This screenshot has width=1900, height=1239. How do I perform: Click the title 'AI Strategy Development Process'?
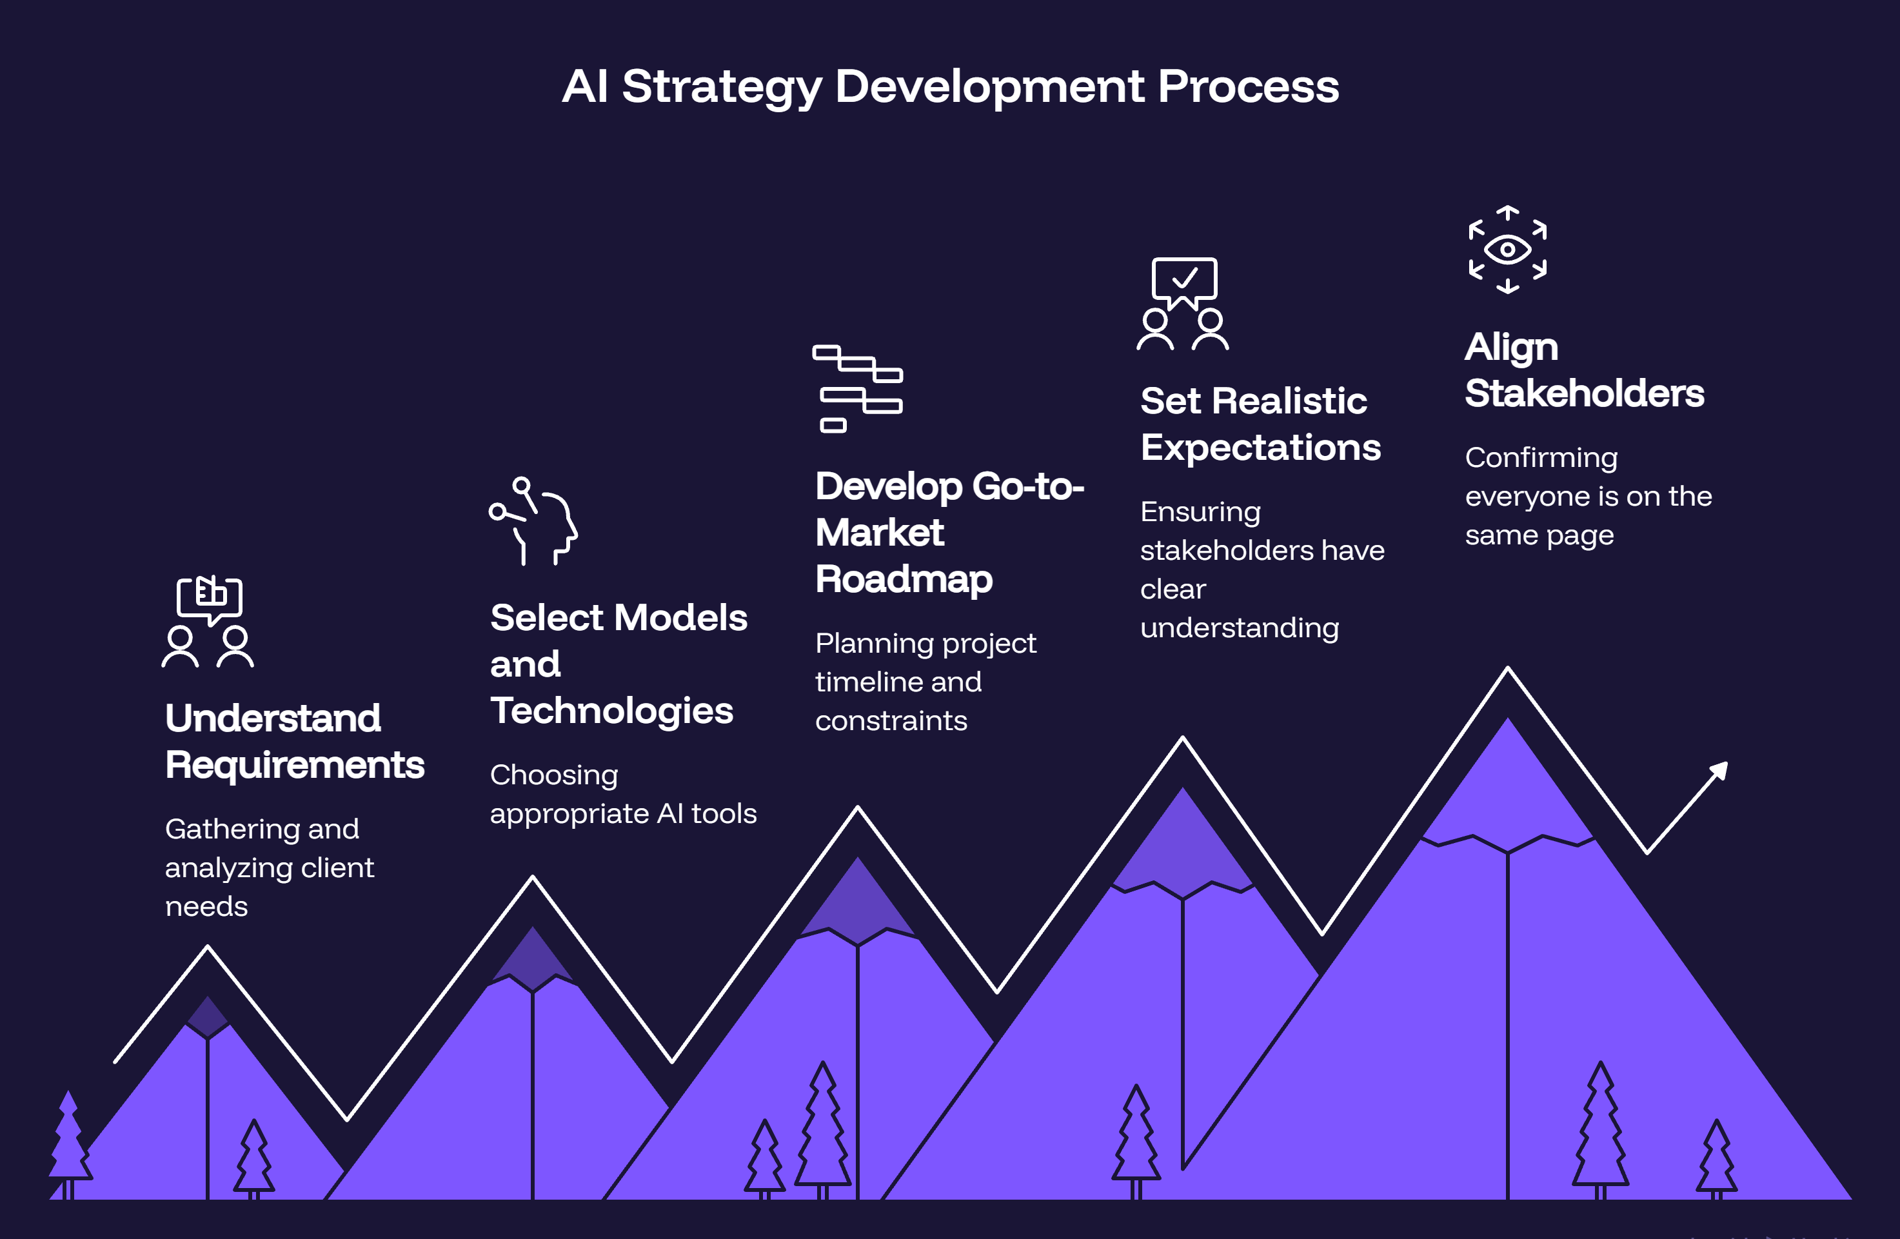(950, 87)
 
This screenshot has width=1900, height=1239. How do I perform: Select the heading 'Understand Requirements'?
(295, 741)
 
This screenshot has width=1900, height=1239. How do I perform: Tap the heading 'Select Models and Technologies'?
(618, 664)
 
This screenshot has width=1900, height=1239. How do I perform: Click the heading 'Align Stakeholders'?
(1584, 370)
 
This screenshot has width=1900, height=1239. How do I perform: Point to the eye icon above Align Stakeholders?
(1507, 250)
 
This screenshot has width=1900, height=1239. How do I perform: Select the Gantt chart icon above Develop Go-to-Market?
(857, 389)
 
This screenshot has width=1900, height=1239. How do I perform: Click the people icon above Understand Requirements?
(208, 621)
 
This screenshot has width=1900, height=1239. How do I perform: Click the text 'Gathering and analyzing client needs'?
(269, 867)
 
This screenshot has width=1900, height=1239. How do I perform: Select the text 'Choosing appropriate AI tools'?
(622, 795)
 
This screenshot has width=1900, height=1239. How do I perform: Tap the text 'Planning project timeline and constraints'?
(925, 682)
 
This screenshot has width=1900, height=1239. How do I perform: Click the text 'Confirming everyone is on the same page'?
(1588, 497)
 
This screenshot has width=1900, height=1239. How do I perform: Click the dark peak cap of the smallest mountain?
(208, 1016)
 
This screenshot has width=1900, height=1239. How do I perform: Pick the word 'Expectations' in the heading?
(1261, 447)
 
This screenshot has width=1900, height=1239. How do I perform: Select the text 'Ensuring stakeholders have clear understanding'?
(1262, 570)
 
